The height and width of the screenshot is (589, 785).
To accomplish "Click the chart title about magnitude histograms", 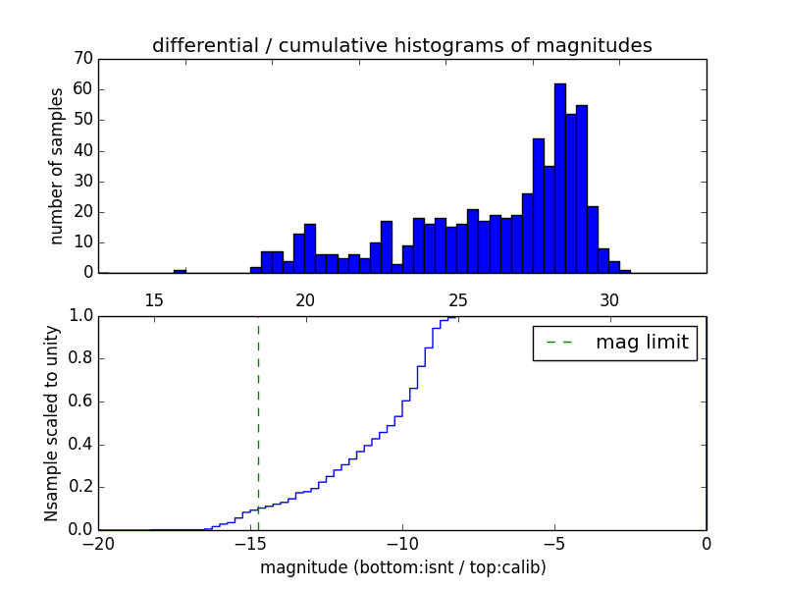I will (x=401, y=45).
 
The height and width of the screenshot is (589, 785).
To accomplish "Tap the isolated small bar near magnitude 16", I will (x=180, y=270).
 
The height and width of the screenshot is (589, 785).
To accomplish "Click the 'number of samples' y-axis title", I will (x=57, y=166).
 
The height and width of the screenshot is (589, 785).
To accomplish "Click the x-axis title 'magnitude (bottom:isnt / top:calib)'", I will (x=402, y=567).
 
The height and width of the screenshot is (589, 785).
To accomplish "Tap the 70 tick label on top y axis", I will (x=82, y=59).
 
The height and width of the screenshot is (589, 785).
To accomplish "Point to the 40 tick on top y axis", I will (x=82, y=150).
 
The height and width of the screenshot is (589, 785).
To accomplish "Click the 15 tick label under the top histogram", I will (x=153, y=299).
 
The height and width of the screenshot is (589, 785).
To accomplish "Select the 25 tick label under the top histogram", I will (x=457, y=299).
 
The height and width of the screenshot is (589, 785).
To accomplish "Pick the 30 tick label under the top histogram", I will (x=609, y=299).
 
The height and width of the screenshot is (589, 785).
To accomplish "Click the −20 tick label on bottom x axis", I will (x=98, y=546).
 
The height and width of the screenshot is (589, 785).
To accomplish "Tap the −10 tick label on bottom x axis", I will (x=402, y=546).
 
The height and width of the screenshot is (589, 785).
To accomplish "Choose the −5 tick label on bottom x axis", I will (x=554, y=546).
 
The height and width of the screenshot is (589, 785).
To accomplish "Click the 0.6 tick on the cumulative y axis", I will (x=80, y=402).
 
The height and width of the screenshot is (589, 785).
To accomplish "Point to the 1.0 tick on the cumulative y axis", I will (x=80, y=316).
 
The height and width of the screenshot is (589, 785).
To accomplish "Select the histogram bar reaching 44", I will (x=538, y=205).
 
